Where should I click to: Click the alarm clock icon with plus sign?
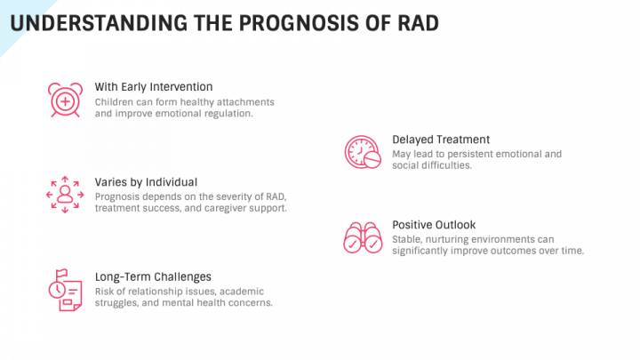click(x=65, y=100)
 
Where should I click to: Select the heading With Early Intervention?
click(x=154, y=86)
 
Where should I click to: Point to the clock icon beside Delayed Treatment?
click(x=363, y=152)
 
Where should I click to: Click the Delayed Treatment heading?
click(x=441, y=140)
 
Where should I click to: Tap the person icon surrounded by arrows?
click(x=65, y=195)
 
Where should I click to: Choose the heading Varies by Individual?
click(x=146, y=182)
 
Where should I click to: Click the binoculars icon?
click(x=363, y=238)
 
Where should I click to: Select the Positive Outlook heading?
click(x=434, y=225)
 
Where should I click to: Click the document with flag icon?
click(x=65, y=290)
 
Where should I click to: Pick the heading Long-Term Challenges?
click(x=153, y=276)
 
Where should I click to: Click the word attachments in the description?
click(x=245, y=102)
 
